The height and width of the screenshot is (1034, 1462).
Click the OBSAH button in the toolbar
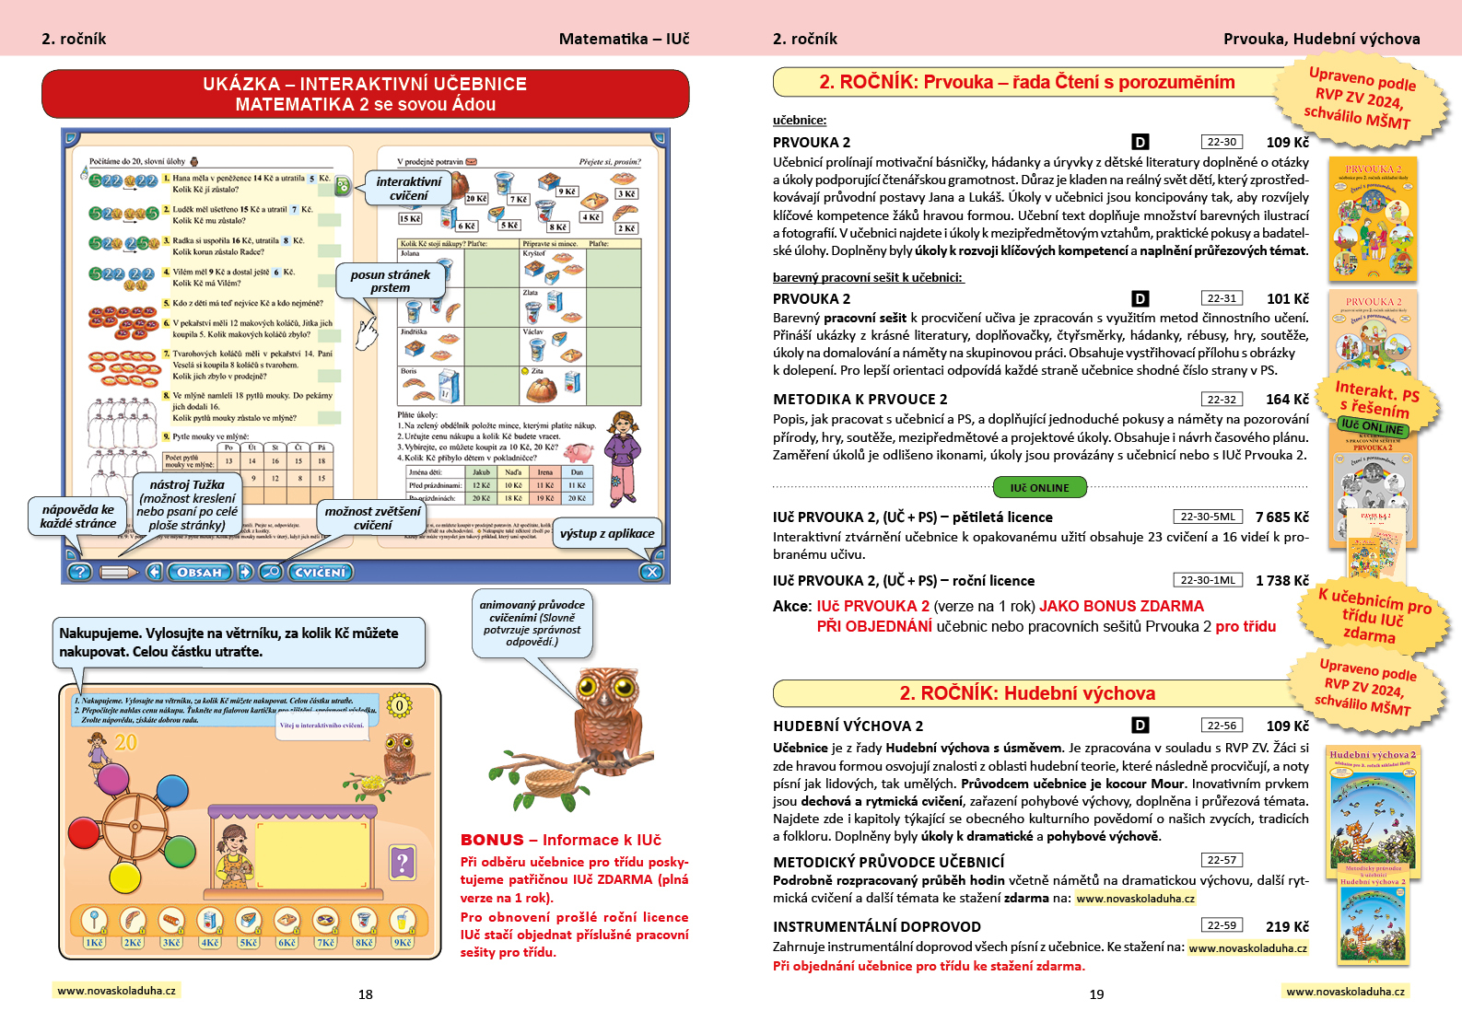tap(199, 572)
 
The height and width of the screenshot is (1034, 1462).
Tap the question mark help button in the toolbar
tap(80, 572)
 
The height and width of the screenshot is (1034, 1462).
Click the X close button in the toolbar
tap(651, 572)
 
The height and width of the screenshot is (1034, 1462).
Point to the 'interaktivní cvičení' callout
tap(408, 189)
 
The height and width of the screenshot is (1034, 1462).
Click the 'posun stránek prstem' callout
tap(390, 281)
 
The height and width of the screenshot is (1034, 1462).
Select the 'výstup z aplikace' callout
tap(606, 533)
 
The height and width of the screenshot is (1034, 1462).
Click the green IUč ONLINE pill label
tap(1040, 487)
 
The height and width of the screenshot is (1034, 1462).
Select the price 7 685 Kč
tap(1281, 517)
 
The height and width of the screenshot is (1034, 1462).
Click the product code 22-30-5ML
tap(1207, 517)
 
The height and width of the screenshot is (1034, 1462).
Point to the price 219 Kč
tap(1287, 927)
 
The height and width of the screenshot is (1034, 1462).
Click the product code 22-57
tap(1222, 860)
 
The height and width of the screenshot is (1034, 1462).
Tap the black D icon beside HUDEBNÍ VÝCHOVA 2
tap(1140, 726)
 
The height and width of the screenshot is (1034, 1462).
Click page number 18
tap(366, 994)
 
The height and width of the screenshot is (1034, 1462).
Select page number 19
tap(1096, 994)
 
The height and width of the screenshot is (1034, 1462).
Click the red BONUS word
tap(492, 840)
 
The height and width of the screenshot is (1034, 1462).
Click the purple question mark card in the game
tap(403, 863)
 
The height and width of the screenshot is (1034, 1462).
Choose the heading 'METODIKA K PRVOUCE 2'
tap(860, 400)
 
